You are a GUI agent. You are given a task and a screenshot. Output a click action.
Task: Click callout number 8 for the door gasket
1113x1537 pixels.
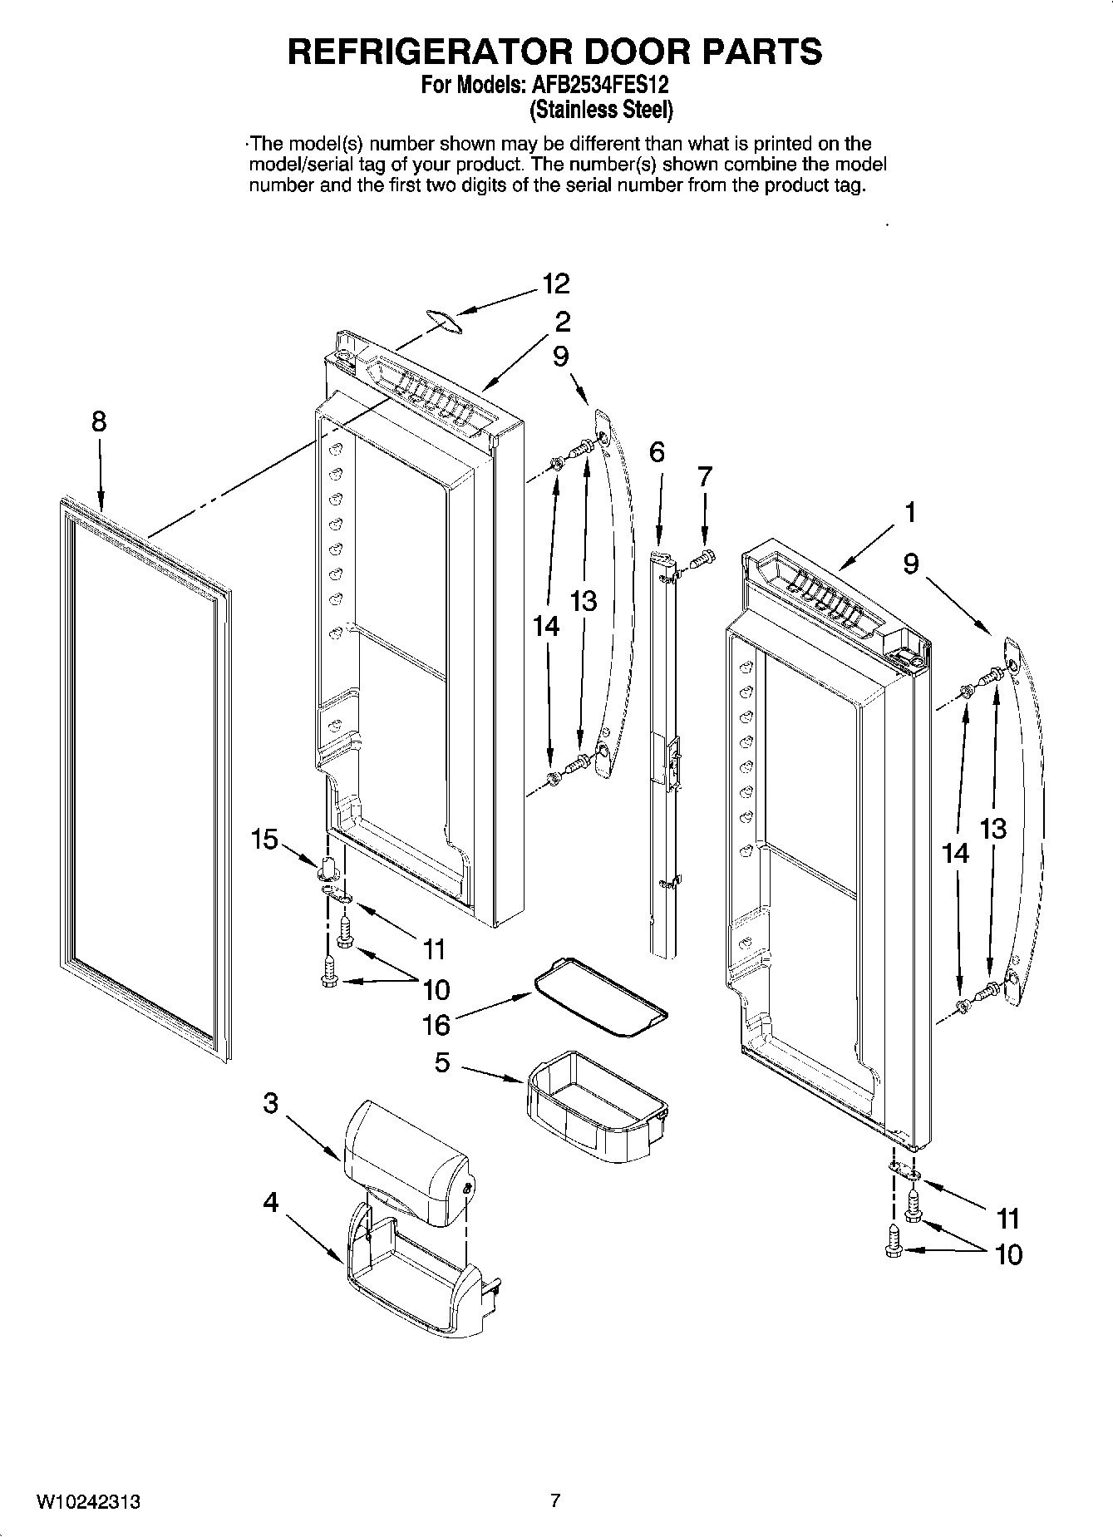pyautogui.click(x=99, y=422)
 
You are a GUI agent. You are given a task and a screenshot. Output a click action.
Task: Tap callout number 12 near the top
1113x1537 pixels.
pyautogui.click(x=556, y=284)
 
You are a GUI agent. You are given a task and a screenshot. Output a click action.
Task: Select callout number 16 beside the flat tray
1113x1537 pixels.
pyautogui.click(x=436, y=1025)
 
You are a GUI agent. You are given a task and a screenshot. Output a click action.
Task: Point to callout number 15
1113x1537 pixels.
pyautogui.click(x=264, y=840)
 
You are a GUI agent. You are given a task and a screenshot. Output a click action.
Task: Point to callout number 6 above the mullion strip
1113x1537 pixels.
pyautogui.click(x=657, y=452)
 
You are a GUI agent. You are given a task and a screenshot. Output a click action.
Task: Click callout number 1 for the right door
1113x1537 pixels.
pyautogui.click(x=910, y=512)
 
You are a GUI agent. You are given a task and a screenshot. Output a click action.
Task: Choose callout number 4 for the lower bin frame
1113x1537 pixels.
pyautogui.click(x=271, y=1202)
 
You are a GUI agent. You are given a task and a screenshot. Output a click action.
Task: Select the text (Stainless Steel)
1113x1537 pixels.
pyautogui.click(x=601, y=109)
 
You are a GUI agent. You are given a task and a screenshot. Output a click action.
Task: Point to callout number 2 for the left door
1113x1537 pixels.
pyautogui.click(x=563, y=321)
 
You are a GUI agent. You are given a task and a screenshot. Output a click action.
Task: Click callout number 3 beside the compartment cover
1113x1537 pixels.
pyautogui.click(x=271, y=1104)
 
